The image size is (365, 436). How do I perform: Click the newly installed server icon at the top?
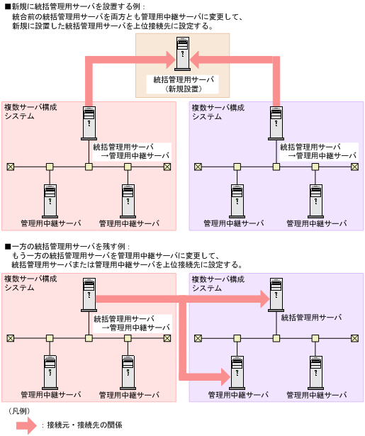tap(184, 55)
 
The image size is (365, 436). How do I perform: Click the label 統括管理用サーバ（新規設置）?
tap(184, 84)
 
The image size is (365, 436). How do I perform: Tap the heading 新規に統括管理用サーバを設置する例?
tap(77, 6)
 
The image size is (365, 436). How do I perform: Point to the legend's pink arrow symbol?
tap(24, 425)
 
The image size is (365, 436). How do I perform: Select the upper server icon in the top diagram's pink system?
tap(89, 123)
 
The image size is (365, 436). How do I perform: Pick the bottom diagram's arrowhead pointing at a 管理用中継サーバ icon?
tap(219, 373)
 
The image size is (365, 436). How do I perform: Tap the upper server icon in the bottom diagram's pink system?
tap(89, 296)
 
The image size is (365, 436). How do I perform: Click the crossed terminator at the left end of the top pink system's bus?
tap(11, 167)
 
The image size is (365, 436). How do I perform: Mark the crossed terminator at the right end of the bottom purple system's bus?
tap(354, 338)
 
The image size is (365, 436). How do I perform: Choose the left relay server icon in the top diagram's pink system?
tap(50, 200)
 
